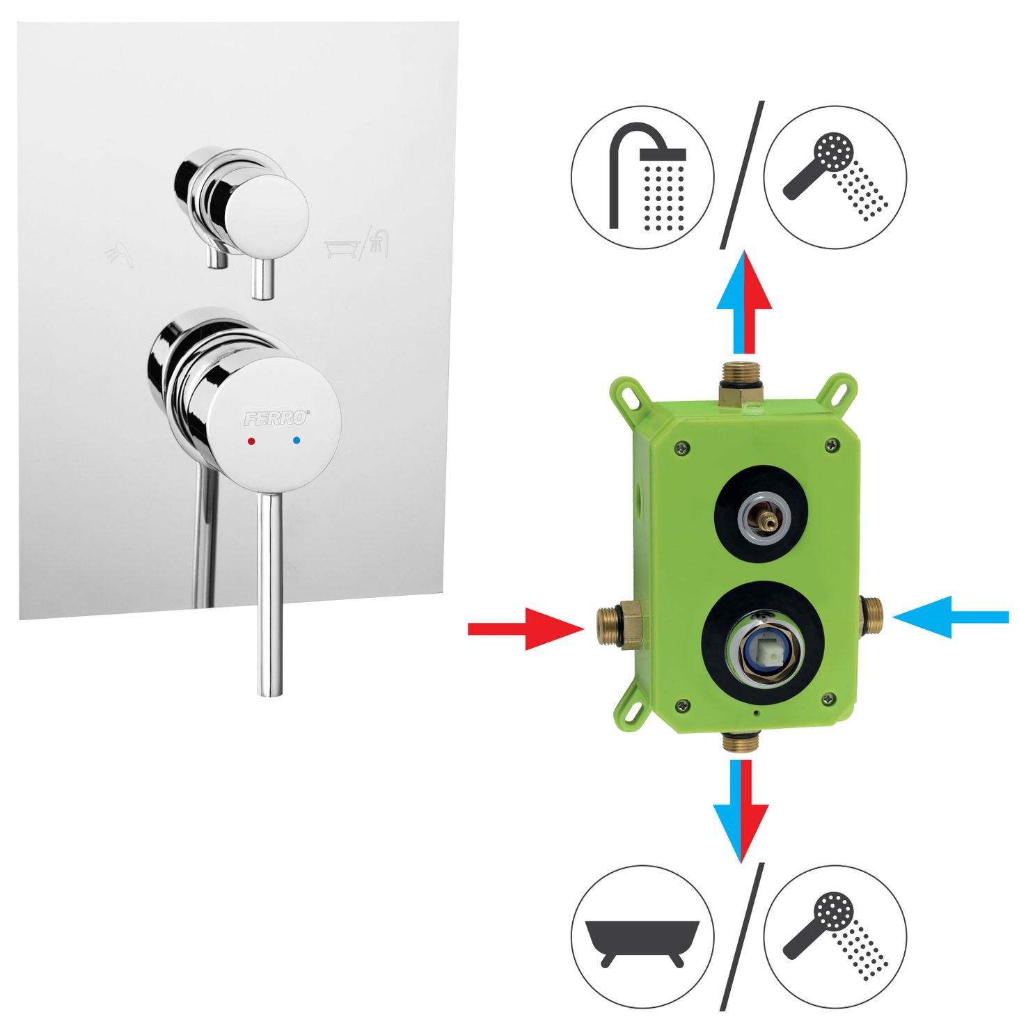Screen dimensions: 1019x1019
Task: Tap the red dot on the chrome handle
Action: click(251, 440)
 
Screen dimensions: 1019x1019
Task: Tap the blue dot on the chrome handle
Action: click(296, 439)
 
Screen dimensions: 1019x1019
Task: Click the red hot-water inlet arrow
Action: click(526, 629)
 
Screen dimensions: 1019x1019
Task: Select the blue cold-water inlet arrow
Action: click(950, 617)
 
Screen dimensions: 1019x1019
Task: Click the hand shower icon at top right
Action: click(835, 177)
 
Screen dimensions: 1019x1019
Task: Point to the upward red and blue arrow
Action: click(744, 301)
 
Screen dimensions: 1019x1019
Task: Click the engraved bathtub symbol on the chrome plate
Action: click(342, 248)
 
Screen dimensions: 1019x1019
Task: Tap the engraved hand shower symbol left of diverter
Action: click(119, 254)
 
